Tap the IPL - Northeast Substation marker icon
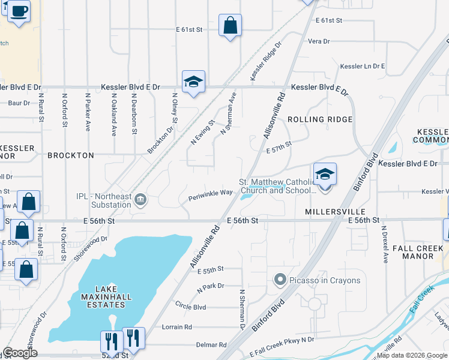140,200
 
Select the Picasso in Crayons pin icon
279,280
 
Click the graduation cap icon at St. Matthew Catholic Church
325,175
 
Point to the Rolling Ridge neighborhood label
319,119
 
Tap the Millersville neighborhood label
335,212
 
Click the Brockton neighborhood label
71,155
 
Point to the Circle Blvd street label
190,307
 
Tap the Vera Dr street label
319,41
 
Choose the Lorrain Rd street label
177,327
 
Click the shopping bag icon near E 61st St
230,26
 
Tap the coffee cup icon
19,11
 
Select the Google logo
20,353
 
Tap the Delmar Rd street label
211,345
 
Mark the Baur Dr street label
19,103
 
